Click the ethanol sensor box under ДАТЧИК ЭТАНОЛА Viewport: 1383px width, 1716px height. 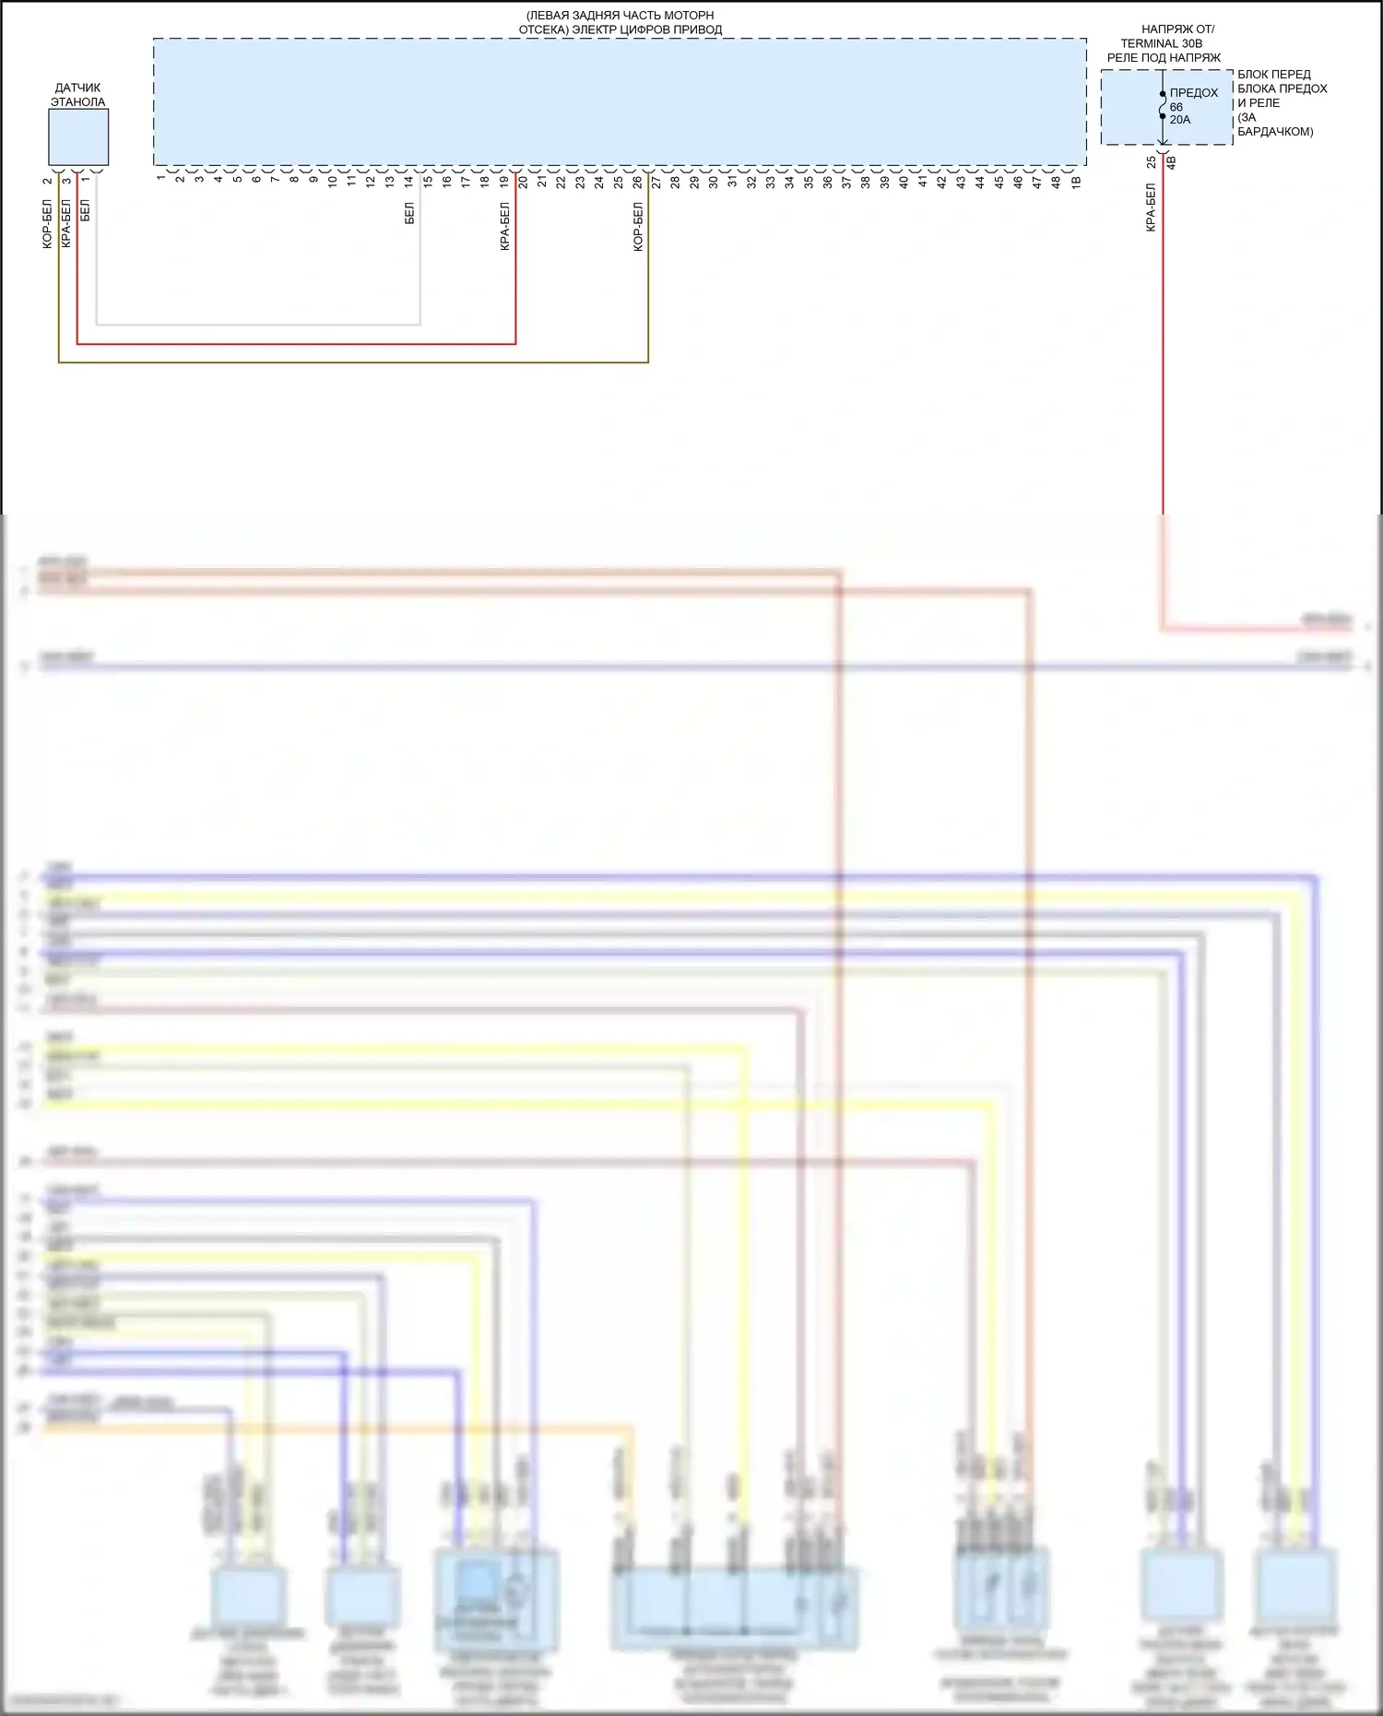point(78,137)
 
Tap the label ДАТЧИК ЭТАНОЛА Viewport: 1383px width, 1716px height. point(77,95)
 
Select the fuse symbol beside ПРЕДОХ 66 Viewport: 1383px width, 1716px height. point(1163,105)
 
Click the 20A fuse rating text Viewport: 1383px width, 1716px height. point(1180,120)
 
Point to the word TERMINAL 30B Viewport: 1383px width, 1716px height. point(1161,43)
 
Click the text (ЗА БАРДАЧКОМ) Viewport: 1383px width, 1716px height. point(1274,124)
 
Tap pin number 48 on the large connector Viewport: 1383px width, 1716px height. point(1057,183)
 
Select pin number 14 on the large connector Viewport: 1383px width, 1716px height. point(408,183)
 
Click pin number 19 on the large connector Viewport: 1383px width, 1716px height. point(503,183)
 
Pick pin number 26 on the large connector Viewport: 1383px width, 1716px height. point(637,183)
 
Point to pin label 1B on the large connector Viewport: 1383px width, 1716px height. point(1076,183)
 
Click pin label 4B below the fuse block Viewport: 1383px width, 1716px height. point(1172,162)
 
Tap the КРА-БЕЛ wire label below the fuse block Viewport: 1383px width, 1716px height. point(1151,207)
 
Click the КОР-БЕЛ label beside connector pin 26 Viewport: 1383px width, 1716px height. point(637,227)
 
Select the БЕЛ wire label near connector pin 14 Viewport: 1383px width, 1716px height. point(409,214)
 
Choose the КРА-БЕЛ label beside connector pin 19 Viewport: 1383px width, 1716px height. point(504,227)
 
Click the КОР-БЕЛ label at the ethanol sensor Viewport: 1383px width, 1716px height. point(47,225)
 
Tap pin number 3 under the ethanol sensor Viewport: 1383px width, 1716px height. point(66,181)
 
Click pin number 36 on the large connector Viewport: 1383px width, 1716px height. point(828,183)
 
